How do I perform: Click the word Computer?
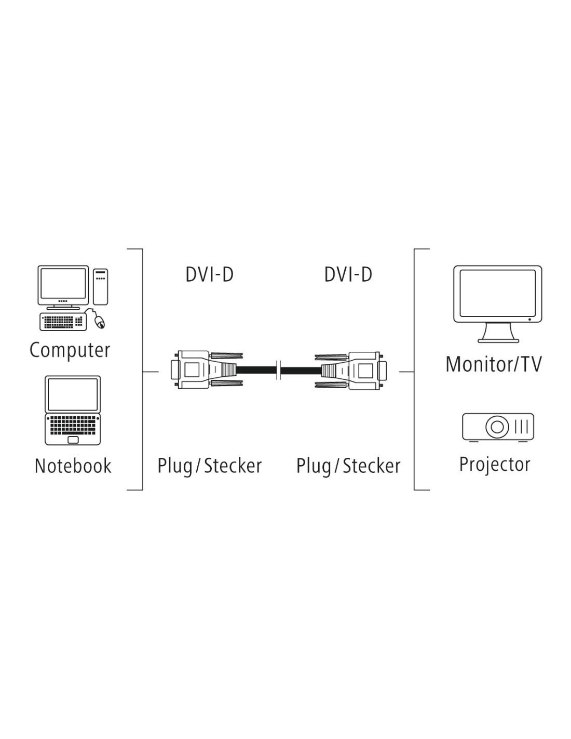[70, 350]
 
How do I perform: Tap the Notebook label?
[73, 466]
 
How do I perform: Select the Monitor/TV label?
[494, 364]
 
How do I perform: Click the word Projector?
[495, 465]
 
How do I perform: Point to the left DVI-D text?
[210, 274]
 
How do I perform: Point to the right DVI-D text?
[348, 274]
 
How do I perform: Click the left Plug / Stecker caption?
[210, 466]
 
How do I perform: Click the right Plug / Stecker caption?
[348, 466]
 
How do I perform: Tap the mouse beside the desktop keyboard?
[99, 321]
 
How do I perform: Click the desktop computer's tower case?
[101, 287]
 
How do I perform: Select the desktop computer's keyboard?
[63, 321]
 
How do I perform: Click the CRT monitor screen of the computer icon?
[63, 283]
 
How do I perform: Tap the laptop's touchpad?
[73, 440]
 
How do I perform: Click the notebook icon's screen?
[73, 394]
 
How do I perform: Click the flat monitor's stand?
[498, 333]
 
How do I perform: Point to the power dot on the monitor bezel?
[529, 319]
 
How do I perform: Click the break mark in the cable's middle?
[279, 370]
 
